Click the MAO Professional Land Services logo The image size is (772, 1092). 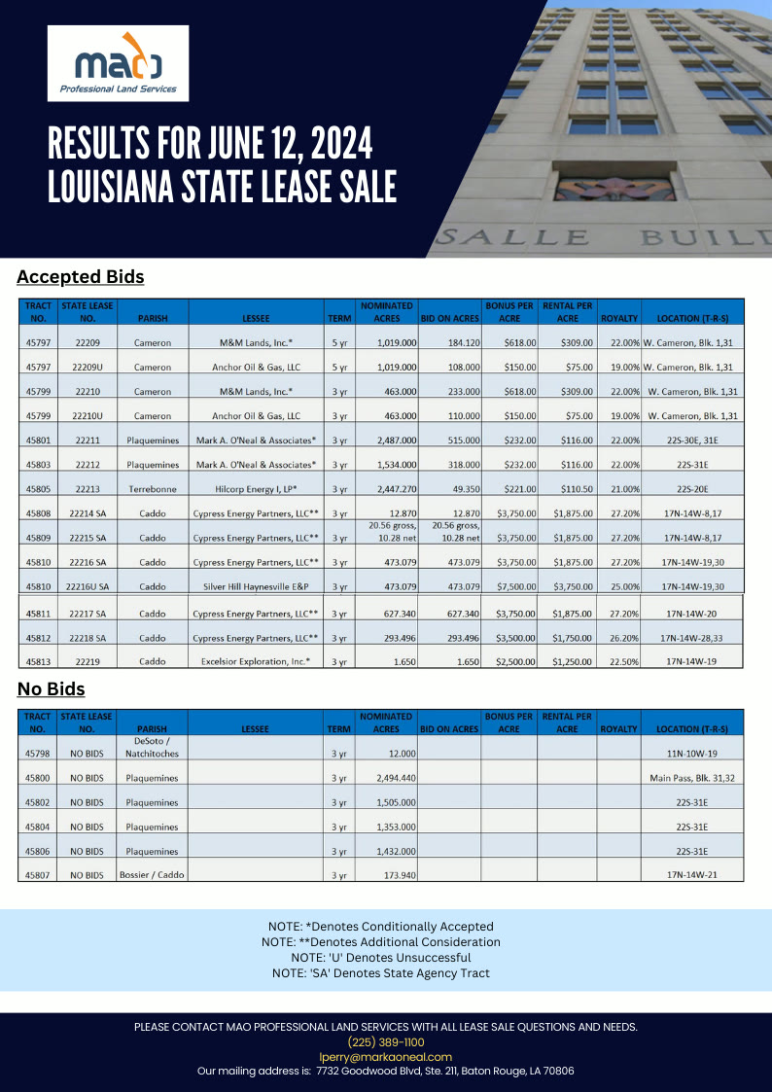(118, 63)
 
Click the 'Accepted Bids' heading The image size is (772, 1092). (81, 277)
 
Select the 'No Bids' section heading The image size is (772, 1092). (51, 689)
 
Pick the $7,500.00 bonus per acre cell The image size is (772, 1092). (509, 587)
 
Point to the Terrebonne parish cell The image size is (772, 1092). (153, 489)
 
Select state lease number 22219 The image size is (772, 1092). (87, 661)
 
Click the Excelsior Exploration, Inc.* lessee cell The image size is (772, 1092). (256, 661)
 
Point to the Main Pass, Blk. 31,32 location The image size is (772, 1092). (692, 778)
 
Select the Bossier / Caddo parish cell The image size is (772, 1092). (152, 875)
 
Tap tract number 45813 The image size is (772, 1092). (38, 661)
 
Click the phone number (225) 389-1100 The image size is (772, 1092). (386, 1041)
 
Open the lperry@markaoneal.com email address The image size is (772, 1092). (386, 1056)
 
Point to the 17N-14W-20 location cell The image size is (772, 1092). (692, 614)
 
